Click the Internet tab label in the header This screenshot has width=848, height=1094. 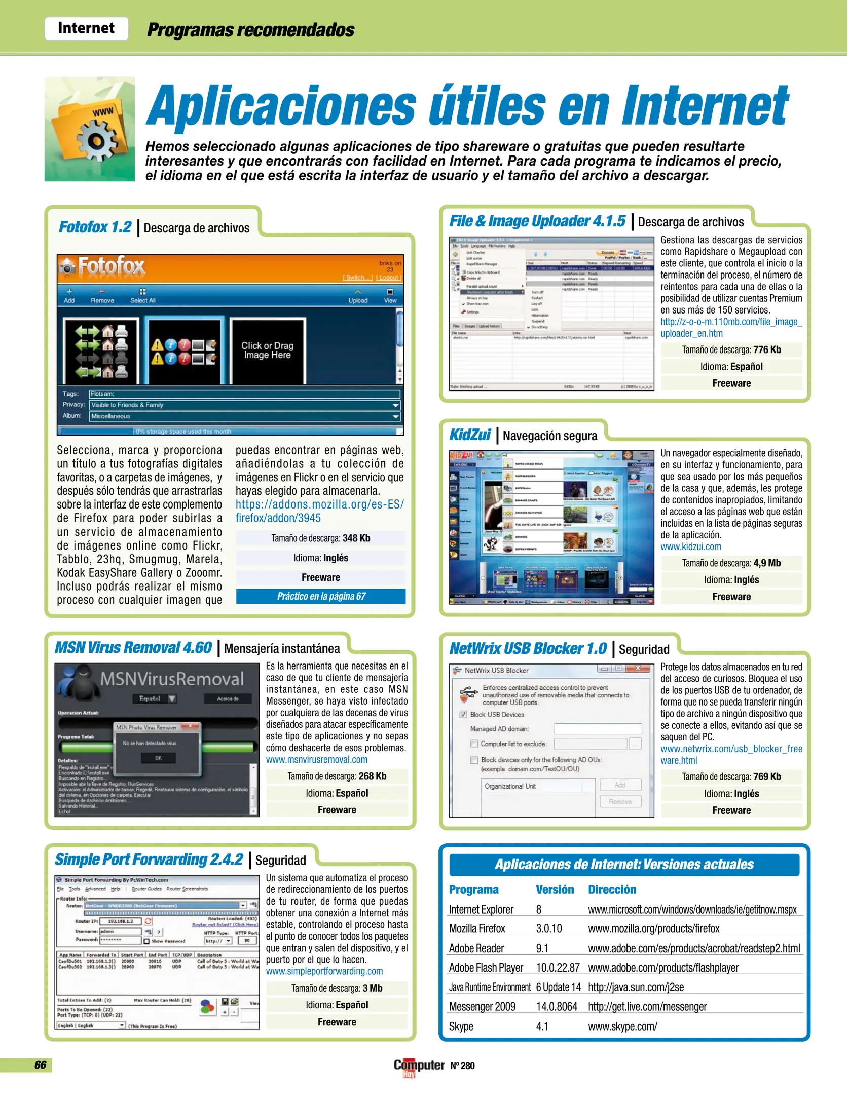point(86,28)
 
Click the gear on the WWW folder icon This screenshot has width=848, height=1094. point(95,142)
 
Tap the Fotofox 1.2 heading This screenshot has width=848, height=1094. point(95,227)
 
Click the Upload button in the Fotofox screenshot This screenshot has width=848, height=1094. point(358,296)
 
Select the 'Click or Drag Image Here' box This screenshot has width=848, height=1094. point(267,350)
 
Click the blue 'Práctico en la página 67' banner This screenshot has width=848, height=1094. point(321,596)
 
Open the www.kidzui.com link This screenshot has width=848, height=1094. point(690,546)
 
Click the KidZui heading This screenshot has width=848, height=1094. point(470,435)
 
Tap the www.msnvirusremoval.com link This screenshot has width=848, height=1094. point(317,759)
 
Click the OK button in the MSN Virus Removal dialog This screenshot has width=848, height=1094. point(159,758)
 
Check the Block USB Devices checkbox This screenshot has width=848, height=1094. point(463,714)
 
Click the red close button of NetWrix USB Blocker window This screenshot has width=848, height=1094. point(638,669)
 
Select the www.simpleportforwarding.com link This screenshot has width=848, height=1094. point(324,971)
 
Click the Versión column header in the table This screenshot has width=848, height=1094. point(555,890)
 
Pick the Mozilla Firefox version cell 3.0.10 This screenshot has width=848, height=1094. point(549,928)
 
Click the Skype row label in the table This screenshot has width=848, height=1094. point(461,1026)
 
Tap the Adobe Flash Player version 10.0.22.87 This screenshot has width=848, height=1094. point(558,968)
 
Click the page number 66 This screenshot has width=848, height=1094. point(41,1065)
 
